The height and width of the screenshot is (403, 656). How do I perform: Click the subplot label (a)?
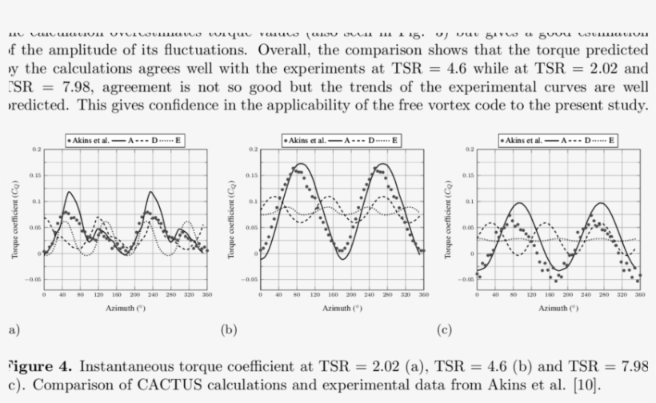click(x=12, y=329)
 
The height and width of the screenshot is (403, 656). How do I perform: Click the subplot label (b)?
click(x=228, y=329)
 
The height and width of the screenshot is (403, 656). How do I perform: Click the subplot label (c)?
click(x=444, y=329)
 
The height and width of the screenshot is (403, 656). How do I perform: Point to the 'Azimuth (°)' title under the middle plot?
click(x=341, y=307)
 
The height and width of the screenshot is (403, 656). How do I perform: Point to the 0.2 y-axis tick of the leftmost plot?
click(x=36, y=150)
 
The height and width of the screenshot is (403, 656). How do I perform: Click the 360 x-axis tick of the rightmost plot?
click(x=638, y=295)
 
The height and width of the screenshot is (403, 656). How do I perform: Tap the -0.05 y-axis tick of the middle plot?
click(x=250, y=280)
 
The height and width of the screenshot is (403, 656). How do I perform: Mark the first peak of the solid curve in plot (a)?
click(x=70, y=192)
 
